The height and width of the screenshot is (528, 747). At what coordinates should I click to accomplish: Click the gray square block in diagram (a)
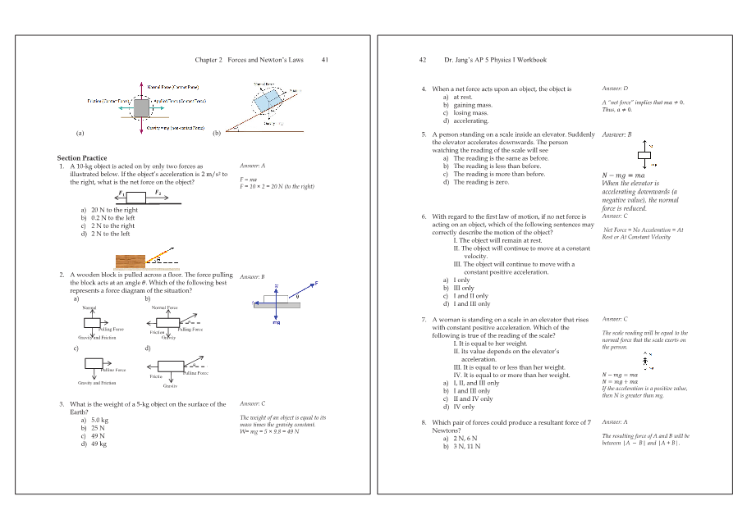(x=141, y=107)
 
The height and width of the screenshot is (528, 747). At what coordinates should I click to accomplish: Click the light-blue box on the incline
(x=267, y=101)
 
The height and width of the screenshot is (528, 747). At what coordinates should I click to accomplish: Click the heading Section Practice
(x=81, y=157)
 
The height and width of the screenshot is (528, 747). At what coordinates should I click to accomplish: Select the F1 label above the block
(x=121, y=193)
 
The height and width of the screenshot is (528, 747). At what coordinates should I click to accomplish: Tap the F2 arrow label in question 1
(x=158, y=193)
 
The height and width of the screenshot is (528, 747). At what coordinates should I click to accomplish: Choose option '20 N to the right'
(x=114, y=210)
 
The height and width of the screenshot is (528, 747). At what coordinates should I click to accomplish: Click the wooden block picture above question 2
(x=131, y=262)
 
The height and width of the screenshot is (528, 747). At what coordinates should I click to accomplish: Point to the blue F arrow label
(x=316, y=284)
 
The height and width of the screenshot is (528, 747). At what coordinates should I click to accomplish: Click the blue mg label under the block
(x=277, y=322)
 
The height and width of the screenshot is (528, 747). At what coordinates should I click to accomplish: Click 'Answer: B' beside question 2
(x=252, y=277)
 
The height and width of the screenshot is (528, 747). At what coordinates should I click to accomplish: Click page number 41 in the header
(x=325, y=60)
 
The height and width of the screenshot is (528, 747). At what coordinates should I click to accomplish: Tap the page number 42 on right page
(x=423, y=60)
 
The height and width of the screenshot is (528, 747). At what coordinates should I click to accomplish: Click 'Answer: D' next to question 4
(x=615, y=88)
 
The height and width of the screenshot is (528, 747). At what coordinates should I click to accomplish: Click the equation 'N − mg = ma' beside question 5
(x=623, y=175)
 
